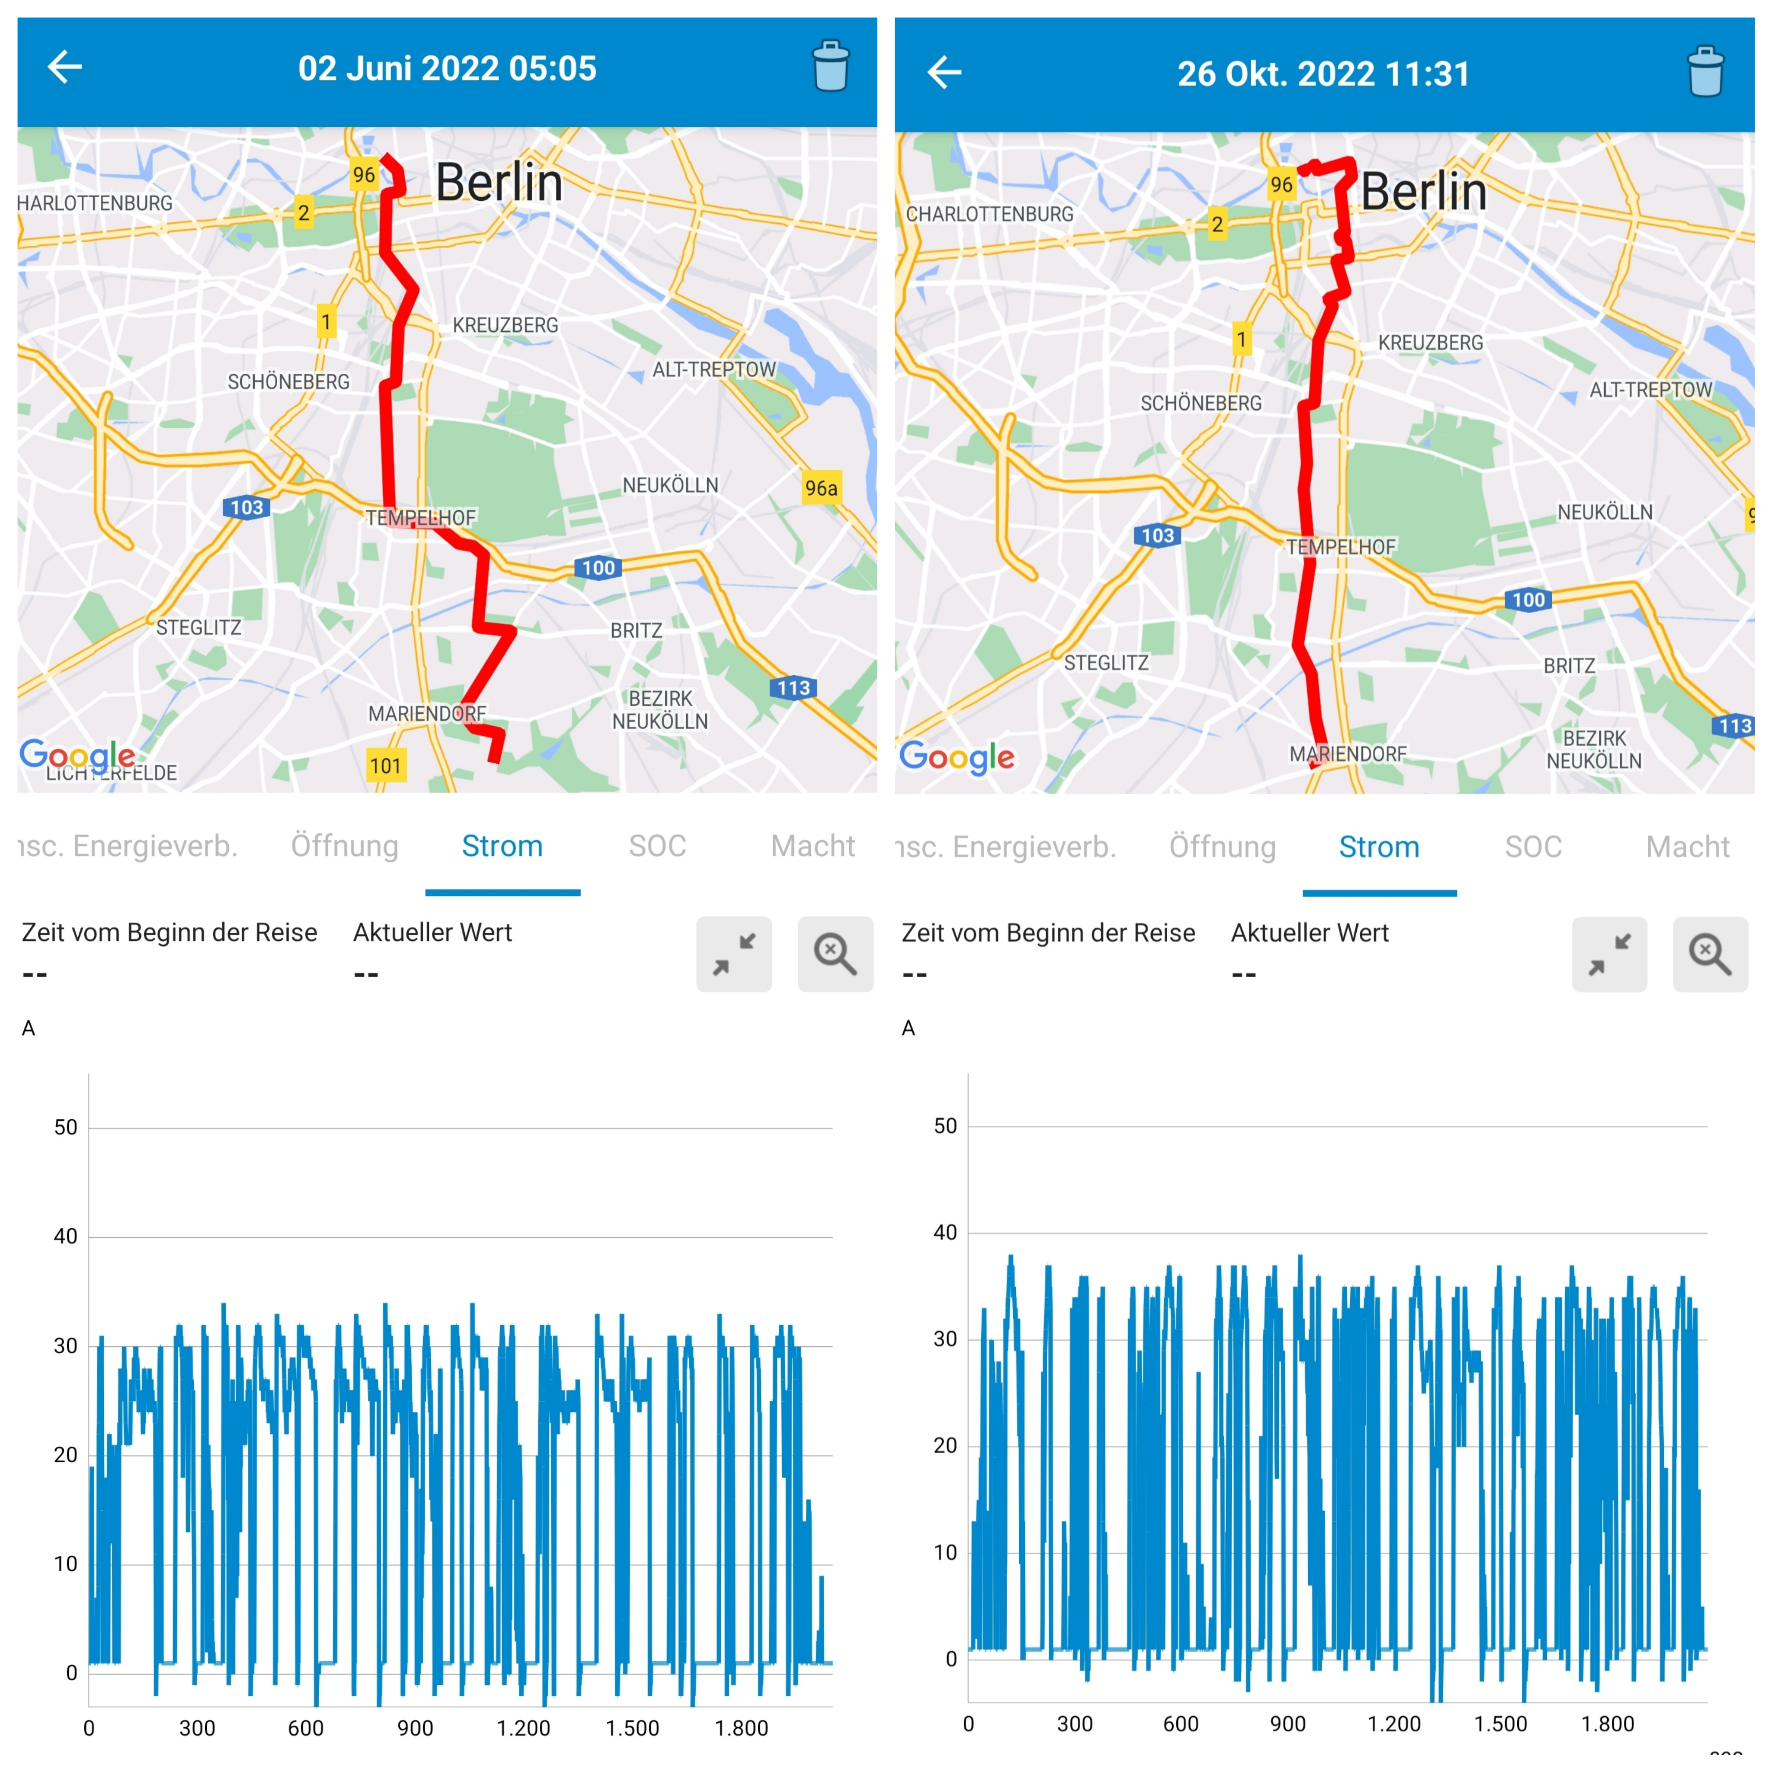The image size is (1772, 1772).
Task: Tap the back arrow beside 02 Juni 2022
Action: coord(64,67)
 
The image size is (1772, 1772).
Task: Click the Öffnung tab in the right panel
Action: coord(1222,847)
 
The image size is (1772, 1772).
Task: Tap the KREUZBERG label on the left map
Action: coord(505,326)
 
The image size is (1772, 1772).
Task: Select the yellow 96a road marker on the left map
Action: coord(821,488)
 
